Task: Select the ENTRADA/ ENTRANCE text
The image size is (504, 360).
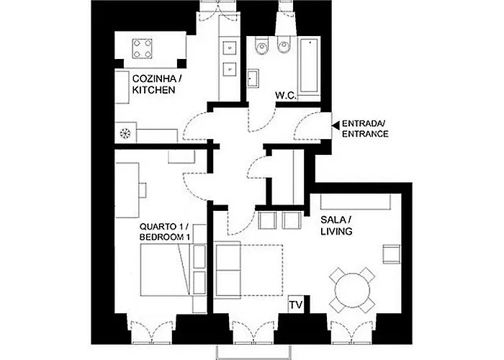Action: pos(365,129)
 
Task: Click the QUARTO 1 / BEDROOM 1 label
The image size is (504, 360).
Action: pos(165,231)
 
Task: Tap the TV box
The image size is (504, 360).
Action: pos(296,305)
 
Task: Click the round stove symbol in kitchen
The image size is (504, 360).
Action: pos(126,133)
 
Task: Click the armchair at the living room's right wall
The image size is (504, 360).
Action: pos(391,253)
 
